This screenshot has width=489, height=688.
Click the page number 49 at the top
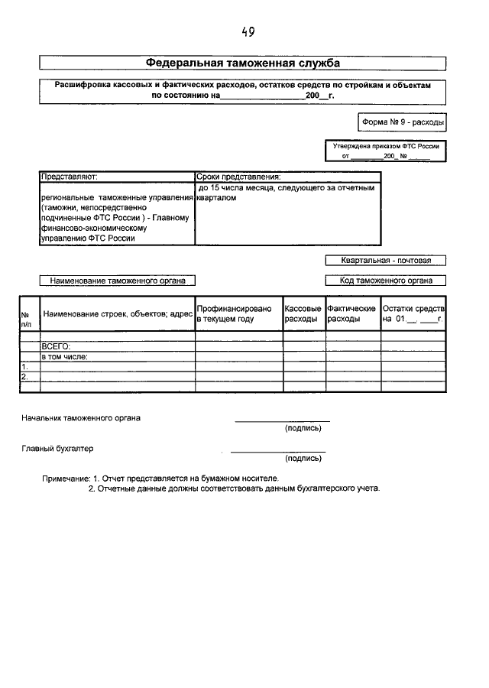(x=248, y=32)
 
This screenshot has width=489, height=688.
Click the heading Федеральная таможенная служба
(x=242, y=63)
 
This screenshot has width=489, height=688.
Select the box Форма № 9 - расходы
(x=402, y=122)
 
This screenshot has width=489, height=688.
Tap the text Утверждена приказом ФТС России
(x=385, y=144)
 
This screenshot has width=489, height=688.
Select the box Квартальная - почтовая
(x=385, y=260)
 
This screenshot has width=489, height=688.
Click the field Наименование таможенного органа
(x=117, y=281)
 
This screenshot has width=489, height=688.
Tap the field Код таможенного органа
(x=386, y=281)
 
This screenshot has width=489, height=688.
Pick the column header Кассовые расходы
(x=303, y=313)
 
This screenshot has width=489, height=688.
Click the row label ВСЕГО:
(x=56, y=346)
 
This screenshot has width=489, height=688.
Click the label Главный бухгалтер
(x=57, y=448)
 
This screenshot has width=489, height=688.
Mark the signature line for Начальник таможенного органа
(x=282, y=421)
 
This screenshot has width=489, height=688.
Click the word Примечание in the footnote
(x=66, y=478)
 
